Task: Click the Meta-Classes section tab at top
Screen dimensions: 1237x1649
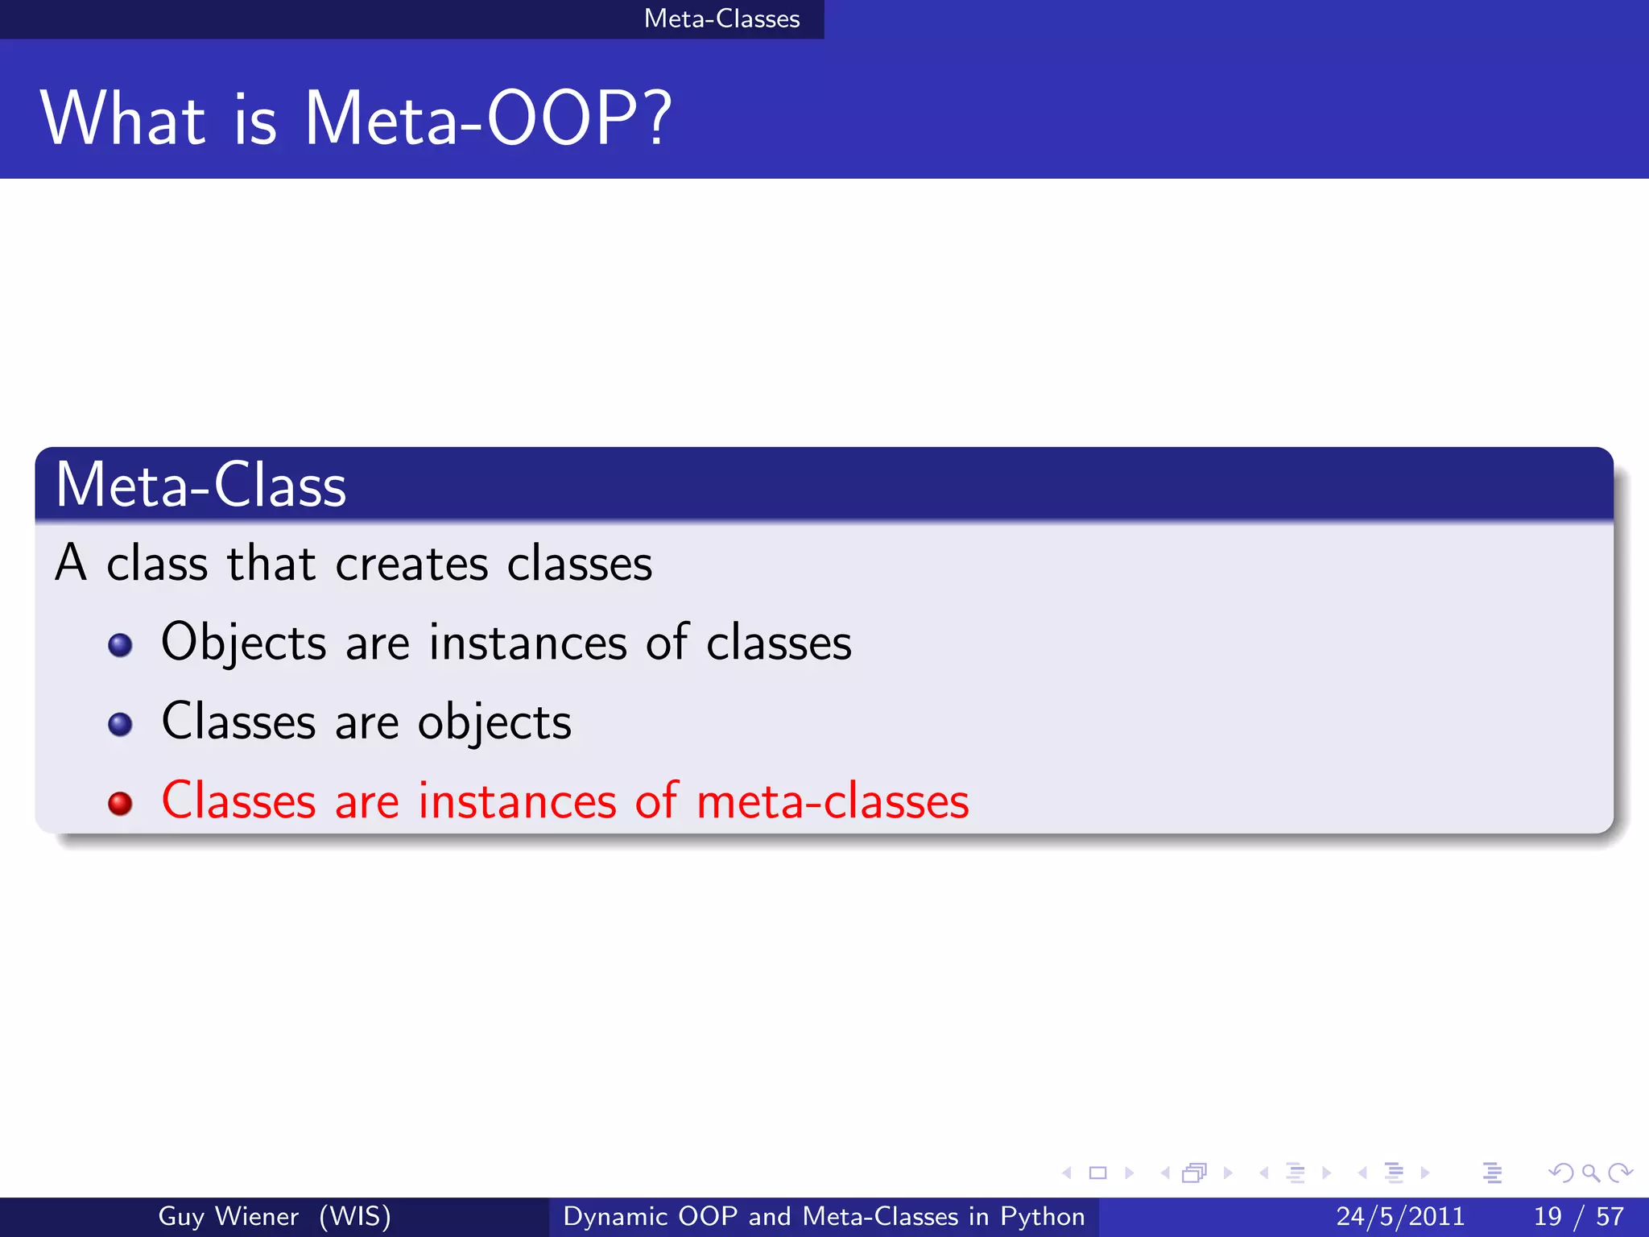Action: point(721,19)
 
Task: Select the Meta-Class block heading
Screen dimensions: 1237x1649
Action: point(200,485)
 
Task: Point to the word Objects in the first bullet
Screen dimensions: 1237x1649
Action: point(243,643)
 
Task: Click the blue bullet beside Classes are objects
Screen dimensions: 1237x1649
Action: point(120,724)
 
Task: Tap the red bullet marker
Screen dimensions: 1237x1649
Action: point(120,803)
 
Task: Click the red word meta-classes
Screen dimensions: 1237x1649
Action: point(832,802)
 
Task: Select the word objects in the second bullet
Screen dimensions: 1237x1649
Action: point(494,722)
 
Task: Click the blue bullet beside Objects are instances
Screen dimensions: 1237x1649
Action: point(120,645)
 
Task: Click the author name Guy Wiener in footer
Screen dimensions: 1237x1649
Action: point(228,1216)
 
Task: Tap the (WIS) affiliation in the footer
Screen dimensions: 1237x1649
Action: point(355,1216)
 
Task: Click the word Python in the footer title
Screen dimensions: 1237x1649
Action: point(1042,1216)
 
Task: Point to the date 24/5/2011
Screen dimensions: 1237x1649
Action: point(1400,1216)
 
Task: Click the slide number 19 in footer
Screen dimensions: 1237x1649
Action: point(1548,1216)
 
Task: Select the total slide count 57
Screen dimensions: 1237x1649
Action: point(1610,1216)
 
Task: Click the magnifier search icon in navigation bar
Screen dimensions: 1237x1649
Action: point(1590,1173)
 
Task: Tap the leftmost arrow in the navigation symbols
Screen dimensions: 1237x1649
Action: point(1067,1173)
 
